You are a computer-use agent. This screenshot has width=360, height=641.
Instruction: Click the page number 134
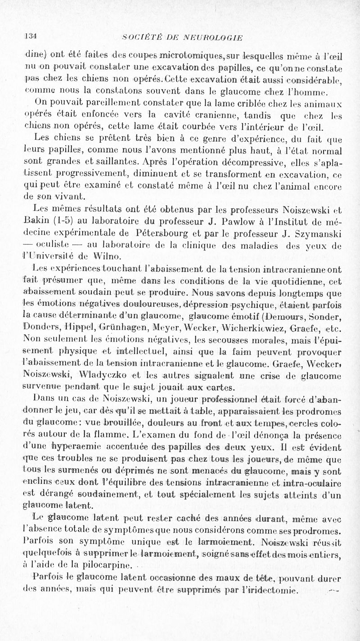(x=31, y=37)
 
